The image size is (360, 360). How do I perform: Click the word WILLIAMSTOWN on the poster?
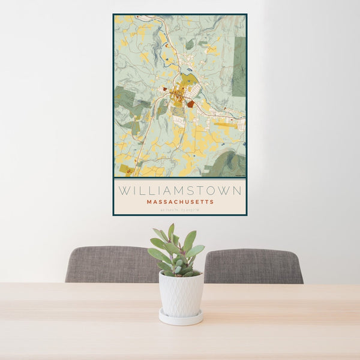click(x=180, y=191)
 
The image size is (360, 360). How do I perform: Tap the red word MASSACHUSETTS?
click(x=180, y=202)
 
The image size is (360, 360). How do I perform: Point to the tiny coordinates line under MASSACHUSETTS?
click(x=180, y=209)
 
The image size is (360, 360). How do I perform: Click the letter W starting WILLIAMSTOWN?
click(x=122, y=191)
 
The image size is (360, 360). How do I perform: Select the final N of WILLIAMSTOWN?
click(x=238, y=191)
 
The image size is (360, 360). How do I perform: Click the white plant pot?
click(x=181, y=293)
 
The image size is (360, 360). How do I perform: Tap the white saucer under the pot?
click(x=181, y=317)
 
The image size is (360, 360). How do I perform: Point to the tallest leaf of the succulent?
click(x=171, y=231)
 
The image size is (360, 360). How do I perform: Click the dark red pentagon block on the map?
click(x=190, y=104)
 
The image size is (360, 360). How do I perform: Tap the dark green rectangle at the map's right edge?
click(x=239, y=66)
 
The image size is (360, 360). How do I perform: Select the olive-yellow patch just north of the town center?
click(x=190, y=79)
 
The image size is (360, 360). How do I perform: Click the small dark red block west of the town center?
click(x=164, y=89)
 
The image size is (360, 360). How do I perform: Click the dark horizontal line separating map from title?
click(x=180, y=178)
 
